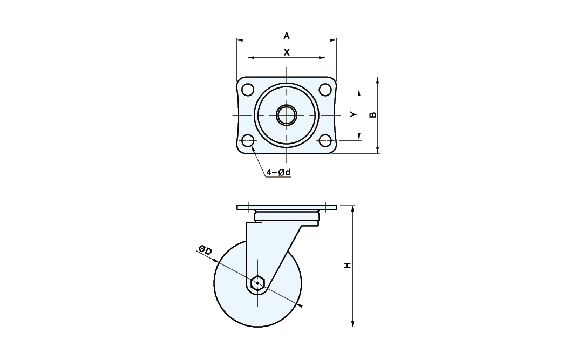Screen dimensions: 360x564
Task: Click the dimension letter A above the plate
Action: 287,36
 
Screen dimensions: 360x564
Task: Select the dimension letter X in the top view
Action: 287,52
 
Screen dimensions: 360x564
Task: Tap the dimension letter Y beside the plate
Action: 353,114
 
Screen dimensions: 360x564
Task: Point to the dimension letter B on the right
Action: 372,114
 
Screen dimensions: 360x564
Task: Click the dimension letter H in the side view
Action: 348,265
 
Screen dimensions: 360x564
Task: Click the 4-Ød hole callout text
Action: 278,173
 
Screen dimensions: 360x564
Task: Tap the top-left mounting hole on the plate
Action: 248,90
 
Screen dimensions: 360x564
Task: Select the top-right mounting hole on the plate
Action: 325,90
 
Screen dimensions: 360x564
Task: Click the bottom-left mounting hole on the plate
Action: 248,141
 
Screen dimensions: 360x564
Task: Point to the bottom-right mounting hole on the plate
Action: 325,141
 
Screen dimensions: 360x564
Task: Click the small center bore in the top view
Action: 287,115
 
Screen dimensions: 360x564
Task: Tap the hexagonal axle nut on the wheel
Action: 258,283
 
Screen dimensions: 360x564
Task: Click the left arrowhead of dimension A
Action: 239,40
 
